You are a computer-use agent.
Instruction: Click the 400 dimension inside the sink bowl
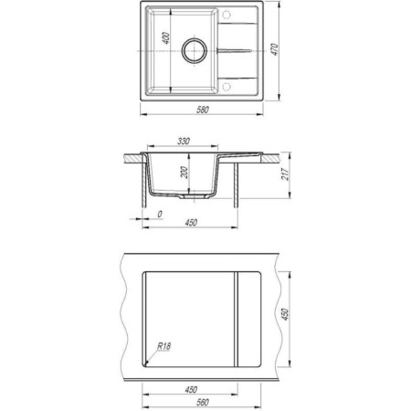click(166, 38)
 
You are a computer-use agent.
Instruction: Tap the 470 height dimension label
click(275, 49)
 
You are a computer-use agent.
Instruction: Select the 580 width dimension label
click(203, 110)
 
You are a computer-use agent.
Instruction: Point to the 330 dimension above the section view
click(184, 142)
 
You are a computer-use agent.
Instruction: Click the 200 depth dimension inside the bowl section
click(184, 173)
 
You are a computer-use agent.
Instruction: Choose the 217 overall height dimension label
click(286, 174)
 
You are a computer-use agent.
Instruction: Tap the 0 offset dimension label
click(160, 215)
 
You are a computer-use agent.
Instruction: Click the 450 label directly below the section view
click(191, 223)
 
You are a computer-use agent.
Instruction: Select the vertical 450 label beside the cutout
click(285, 314)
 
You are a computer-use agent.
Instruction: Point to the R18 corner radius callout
click(164, 346)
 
